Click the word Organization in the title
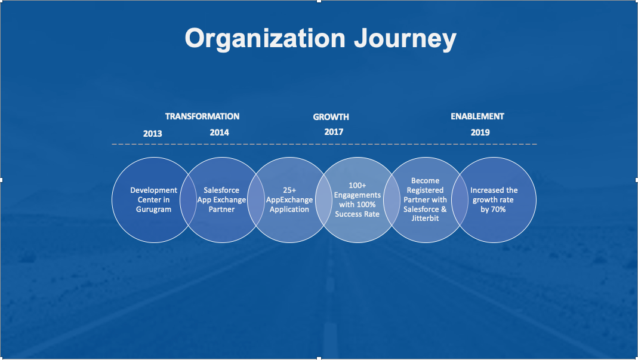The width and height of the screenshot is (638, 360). (x=266, y=39)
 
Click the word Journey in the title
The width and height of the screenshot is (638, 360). (x=405, y=39)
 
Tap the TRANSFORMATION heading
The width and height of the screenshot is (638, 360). (x=202, y=116)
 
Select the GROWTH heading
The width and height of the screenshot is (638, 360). (x=331, y=117)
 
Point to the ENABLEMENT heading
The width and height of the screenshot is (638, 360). (x=477, y=116)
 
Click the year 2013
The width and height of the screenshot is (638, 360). (x=153, y=134)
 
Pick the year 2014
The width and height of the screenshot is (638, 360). (x=219, y=133)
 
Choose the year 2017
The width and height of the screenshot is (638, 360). (x=334, y=132)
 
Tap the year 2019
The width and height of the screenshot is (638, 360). (x=480, y=133)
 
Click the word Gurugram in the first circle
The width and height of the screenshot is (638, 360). (x=153, y=210)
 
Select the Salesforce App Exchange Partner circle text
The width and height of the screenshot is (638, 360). (x=222, y=199)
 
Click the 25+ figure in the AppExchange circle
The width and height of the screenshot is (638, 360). (x=289, y=190)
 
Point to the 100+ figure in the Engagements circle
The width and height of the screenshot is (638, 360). (x=357, y=186)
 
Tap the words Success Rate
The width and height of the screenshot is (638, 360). (x=357, y=214)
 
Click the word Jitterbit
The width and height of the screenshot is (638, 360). (x=425, y=219)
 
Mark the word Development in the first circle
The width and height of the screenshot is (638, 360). (x=154, y=190)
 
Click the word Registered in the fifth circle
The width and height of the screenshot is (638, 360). (x=425, y=190)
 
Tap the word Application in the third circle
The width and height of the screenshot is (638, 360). (x=289, y=210)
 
